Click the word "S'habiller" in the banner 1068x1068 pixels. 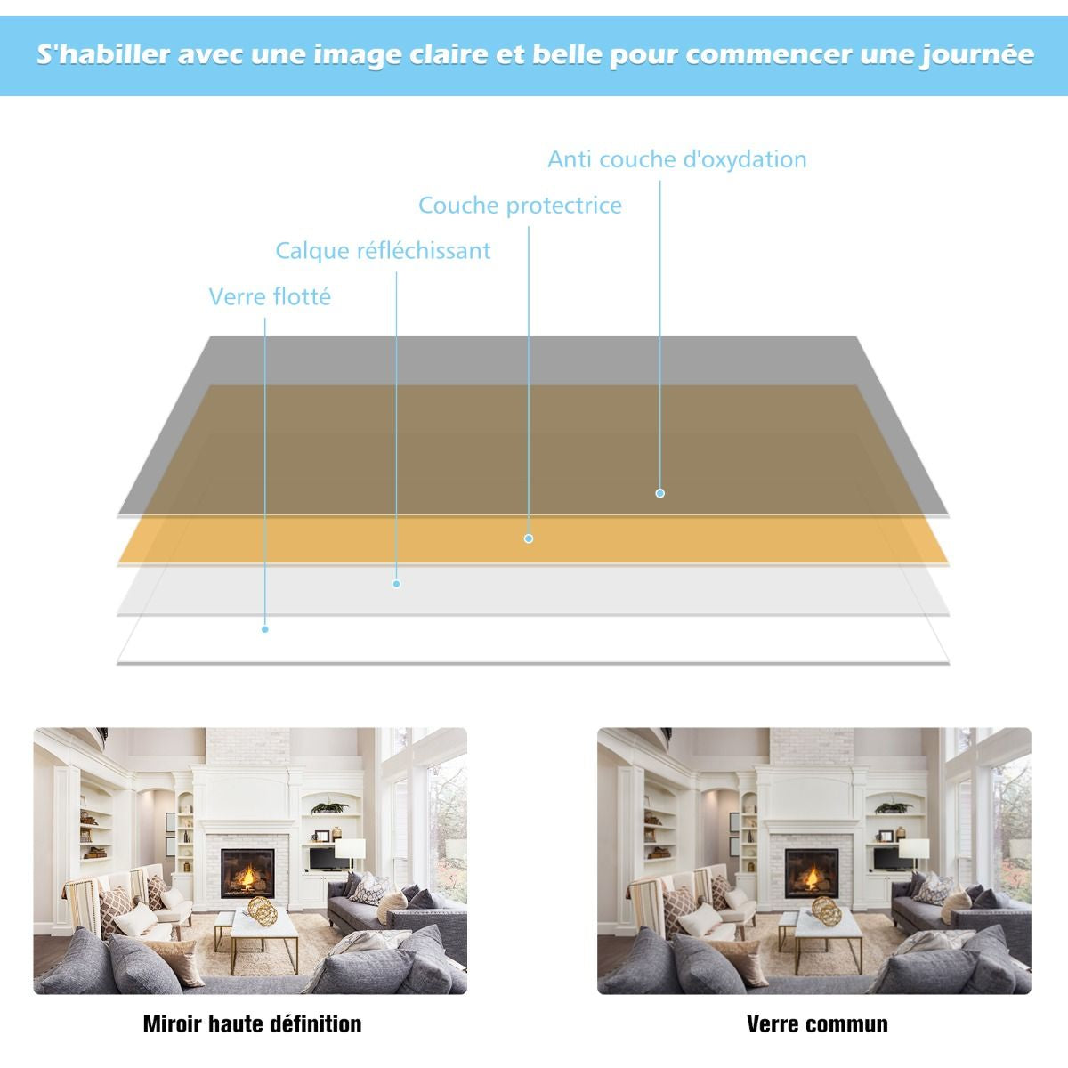tap(103, 54)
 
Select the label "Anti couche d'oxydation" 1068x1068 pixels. tap(676, 159)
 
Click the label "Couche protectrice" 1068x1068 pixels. tap(520, 206)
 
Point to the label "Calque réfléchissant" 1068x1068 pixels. tap(383, 251)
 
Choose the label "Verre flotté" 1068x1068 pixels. tap(270, 297)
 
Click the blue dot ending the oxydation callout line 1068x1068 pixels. tap(659, 493)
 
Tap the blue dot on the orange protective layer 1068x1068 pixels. tap(528, 538)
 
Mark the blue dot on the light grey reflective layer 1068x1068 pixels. tap(396, 584)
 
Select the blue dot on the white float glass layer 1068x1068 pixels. tap(265, 629)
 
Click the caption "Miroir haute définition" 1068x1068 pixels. tap(252, 1023)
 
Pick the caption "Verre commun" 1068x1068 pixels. tap(817, 1023)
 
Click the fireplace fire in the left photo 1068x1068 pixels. tap(248, 877)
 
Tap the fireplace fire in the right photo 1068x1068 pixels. tap(812, 877)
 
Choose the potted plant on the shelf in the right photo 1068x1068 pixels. tap(893, 807)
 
